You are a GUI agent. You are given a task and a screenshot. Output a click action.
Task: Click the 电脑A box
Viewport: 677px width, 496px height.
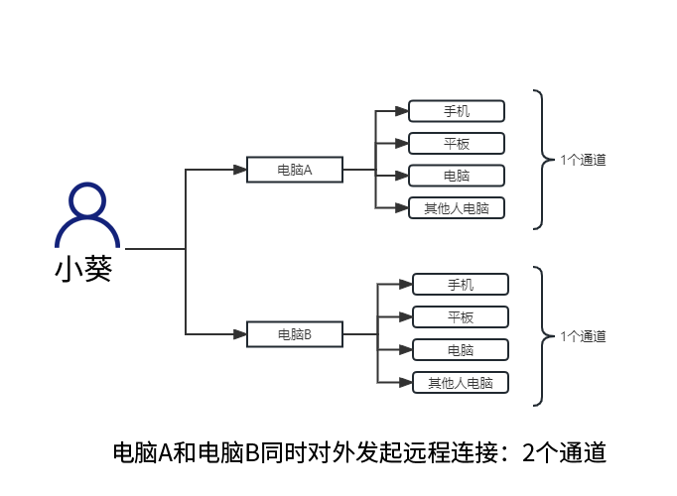tap(294, 170)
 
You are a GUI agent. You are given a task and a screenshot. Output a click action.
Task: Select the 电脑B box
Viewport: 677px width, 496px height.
tap(294, 334)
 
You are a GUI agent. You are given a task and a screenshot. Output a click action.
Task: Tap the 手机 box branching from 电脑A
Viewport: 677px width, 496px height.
tap(457, 111)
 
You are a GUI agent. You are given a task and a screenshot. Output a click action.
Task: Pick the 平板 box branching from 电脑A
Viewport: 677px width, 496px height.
tap(457, 144)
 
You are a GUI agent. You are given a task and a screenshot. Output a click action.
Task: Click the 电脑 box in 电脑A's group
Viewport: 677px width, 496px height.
tap(457, 176)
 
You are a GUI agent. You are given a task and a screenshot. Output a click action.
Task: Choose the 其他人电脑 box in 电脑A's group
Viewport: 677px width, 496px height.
tap(457, 208)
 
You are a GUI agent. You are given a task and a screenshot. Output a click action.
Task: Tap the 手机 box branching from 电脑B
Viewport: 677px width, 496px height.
tap(461, 285)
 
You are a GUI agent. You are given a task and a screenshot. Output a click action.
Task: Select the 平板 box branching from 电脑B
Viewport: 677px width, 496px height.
tap(461, 317)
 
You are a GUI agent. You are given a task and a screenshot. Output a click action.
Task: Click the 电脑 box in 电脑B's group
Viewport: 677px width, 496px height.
tap(461, 350)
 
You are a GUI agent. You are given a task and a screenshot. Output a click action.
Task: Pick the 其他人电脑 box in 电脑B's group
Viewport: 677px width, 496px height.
tap(461, 383)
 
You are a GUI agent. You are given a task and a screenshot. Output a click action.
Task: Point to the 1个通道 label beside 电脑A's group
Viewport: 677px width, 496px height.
tap(583, 159)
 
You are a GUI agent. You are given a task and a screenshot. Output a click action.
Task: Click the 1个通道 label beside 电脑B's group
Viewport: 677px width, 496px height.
tap(583, 335)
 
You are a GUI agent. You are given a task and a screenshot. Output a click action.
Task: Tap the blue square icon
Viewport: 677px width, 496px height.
tap(87, 214)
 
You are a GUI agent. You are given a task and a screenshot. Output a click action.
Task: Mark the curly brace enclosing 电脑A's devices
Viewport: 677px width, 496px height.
tap(539, 159)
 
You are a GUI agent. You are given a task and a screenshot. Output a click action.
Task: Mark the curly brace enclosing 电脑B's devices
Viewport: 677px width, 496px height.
tap(539, 335)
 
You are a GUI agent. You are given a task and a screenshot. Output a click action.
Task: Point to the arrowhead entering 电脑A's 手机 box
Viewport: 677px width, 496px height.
tap(402, 111)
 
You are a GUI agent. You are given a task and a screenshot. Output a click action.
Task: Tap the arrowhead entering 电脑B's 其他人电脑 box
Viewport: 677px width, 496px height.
tap(406, 383)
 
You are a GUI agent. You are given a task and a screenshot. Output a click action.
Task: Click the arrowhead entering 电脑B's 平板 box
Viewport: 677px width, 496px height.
tap(406, 317)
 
